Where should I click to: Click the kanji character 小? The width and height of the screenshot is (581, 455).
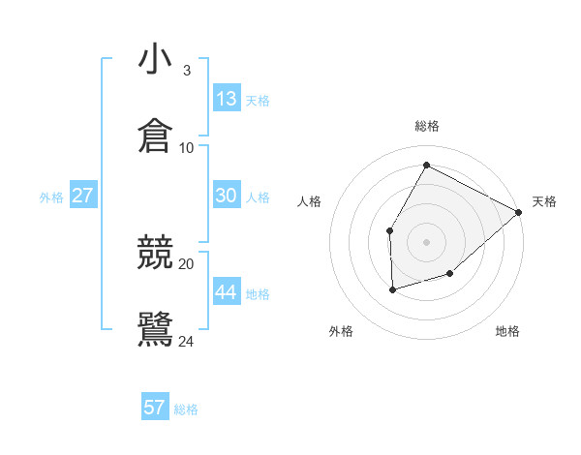click(x=156, y=60)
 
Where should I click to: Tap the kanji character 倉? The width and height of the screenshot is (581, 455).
click(x=156, y=136)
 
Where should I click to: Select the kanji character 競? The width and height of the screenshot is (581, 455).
click(x=156, y=253)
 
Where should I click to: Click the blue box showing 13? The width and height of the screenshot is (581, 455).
click(x=227, y=99)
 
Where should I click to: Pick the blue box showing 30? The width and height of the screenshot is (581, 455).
click(x=227, y=196)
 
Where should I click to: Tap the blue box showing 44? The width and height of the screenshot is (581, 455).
click(x=227, y=292)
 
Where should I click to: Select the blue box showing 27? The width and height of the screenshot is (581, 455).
click(x=83, y=196)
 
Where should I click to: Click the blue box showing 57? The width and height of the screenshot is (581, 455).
click(x=155, y=408)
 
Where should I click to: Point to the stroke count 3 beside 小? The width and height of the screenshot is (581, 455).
click(x=186, y=71)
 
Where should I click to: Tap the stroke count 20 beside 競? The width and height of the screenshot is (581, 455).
click(x=187, y=263)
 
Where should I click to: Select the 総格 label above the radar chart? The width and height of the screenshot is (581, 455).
click(x=427, y=126)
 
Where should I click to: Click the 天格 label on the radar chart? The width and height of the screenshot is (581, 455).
click(x=545, y=201)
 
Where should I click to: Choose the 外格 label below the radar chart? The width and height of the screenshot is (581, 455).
click(x=341, y=331)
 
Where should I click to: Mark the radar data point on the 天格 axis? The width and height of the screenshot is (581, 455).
click(x=520, y=212)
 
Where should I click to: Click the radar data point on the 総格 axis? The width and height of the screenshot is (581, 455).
click(x=426, y=165)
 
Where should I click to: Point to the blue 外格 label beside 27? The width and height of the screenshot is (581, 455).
click(x=51, y=197)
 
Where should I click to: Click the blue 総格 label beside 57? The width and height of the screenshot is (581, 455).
click(x=186, y=409)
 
